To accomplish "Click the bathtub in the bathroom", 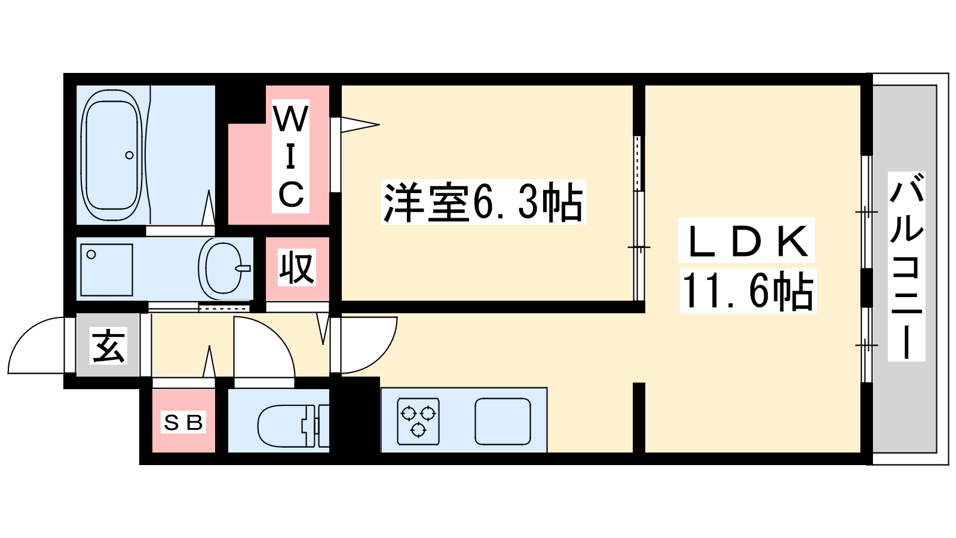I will pos(111,155).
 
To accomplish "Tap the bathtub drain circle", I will pos(129,155).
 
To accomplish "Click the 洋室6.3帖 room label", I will pos(483,203).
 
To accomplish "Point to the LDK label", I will pos(746,241).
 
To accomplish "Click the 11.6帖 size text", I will pos(747,292).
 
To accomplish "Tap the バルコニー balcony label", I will pos(906,267).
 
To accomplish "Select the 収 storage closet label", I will pos(296,268).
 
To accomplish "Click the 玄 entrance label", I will pos(108,346).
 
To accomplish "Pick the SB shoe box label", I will pos(183,423).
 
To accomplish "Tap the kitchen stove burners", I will pos(418,421).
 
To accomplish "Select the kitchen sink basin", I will pos(502,421).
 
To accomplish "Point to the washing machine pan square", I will pos(106,270).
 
